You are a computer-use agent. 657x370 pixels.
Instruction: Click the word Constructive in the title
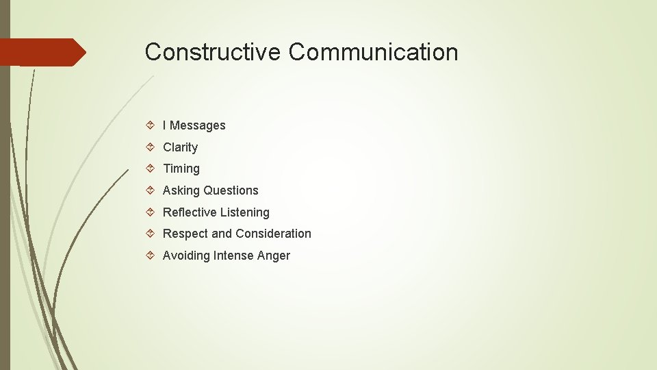coord(213,52)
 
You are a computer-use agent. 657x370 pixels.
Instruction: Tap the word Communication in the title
coord(373,52)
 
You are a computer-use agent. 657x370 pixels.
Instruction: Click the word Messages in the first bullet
coord(197,125)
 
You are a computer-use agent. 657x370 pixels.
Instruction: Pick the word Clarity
coord(180,147)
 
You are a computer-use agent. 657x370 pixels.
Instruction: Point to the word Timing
coord(181,169)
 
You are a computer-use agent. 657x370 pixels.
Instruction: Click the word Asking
coord(181,190)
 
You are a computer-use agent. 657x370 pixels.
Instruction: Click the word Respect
coord(185,234)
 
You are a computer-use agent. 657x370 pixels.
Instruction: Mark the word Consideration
coord(273,234)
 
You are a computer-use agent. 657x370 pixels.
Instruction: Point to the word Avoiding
coord(186,256)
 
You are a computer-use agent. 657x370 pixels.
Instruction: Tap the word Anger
coord(274,256)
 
